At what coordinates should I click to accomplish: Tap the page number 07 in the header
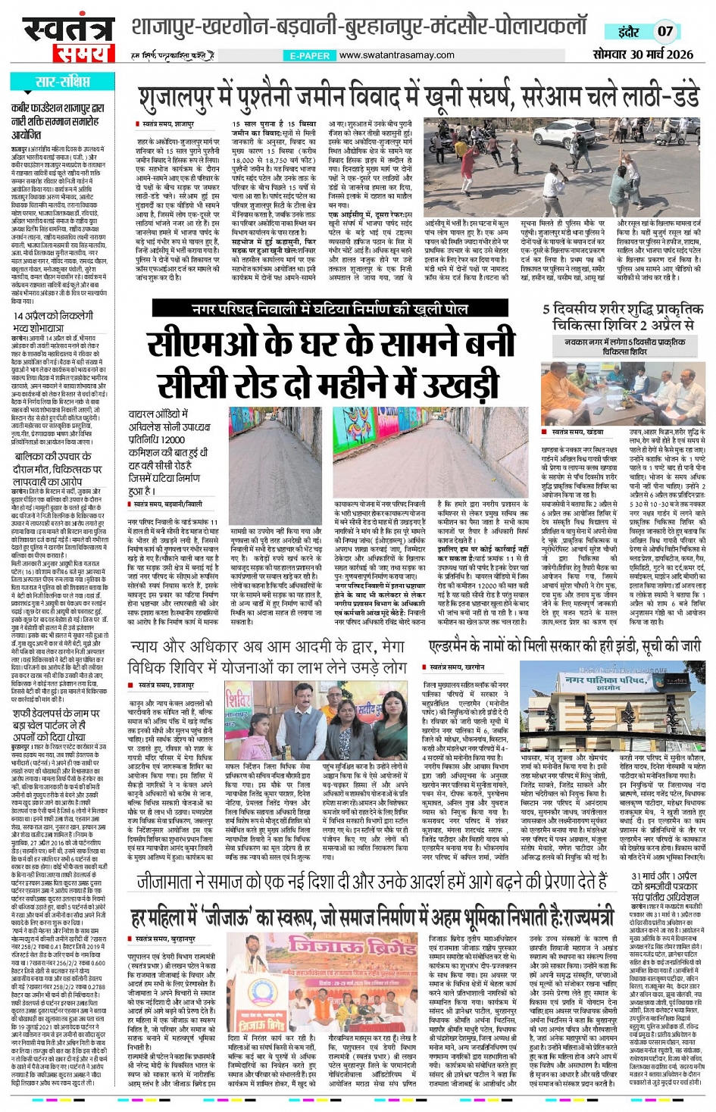(664, 31)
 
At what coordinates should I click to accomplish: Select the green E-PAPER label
(309, 55)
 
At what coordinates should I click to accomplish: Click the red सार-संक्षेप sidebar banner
(62, 82)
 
